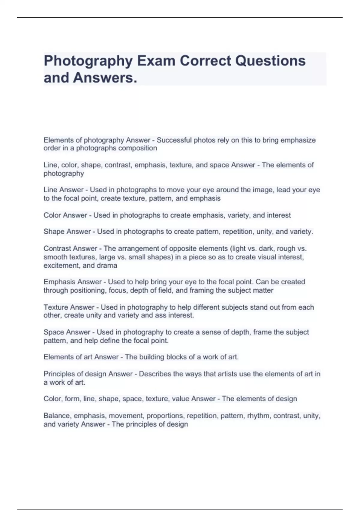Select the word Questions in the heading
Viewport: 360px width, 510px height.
(270, 61)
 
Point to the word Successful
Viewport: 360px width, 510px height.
(174, 140)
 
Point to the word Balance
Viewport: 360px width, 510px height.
(57, 416)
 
